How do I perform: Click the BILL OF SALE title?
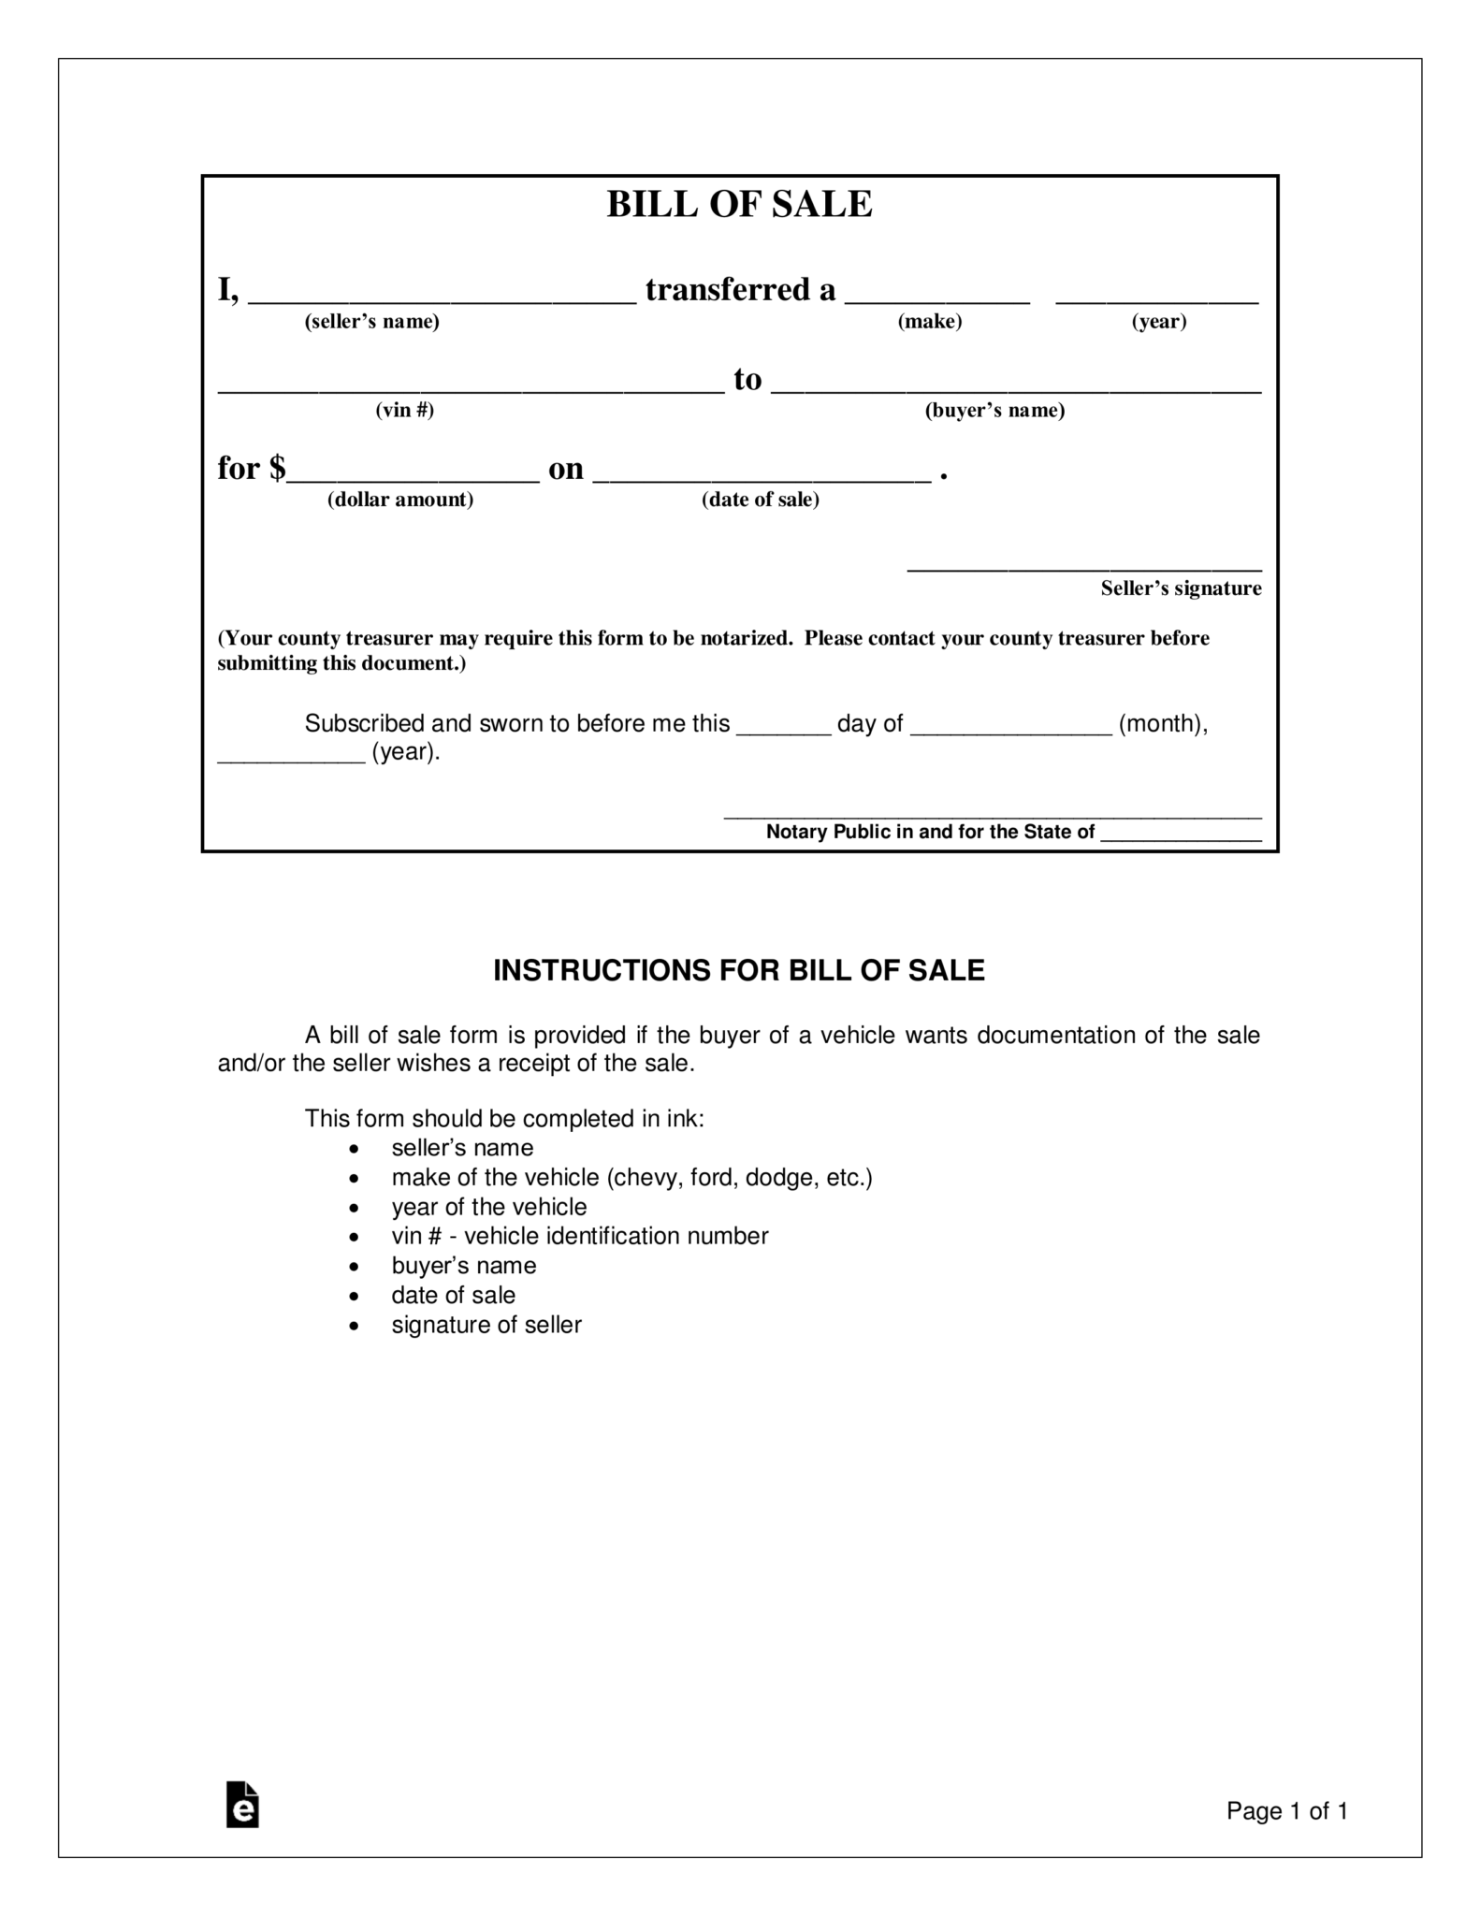point(739,204)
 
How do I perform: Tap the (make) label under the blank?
point(930,322)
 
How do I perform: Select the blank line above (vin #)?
point(471,388)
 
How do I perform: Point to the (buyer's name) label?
point(994,411)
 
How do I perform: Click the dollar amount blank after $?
point(414,477)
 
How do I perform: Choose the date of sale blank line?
point(762,477)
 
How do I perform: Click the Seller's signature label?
point(1181,588)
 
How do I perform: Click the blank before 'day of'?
point(783,731)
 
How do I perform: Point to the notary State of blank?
point(1181,838)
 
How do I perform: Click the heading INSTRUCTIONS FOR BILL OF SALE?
point(739,971)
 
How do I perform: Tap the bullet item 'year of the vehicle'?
point(489,1207)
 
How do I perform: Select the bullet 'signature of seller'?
point(486,1325)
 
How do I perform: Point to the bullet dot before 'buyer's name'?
point(354,1267)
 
